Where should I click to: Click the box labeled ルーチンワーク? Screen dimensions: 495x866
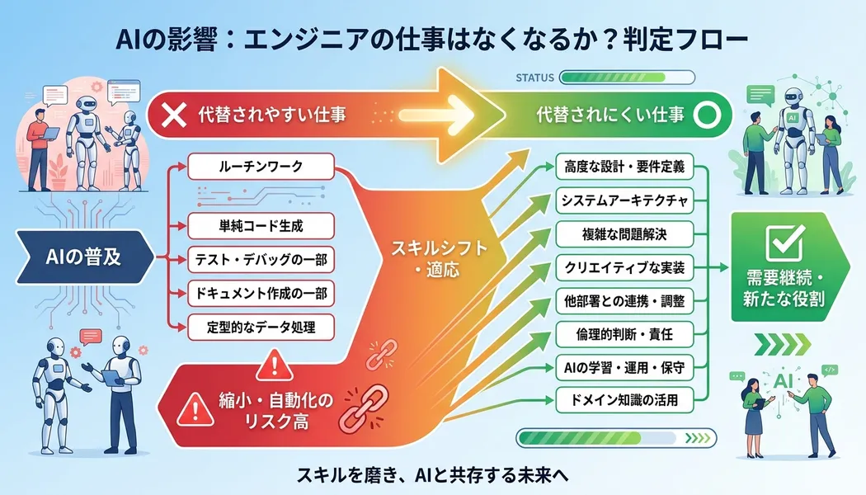coord(261,167)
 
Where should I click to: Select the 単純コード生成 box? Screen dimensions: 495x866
coord(261,224)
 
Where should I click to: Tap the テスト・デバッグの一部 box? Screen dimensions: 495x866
coord(261,261)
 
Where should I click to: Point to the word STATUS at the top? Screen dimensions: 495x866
coord(535,78)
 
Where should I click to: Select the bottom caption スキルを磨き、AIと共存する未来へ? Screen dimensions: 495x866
coord(432,475)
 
